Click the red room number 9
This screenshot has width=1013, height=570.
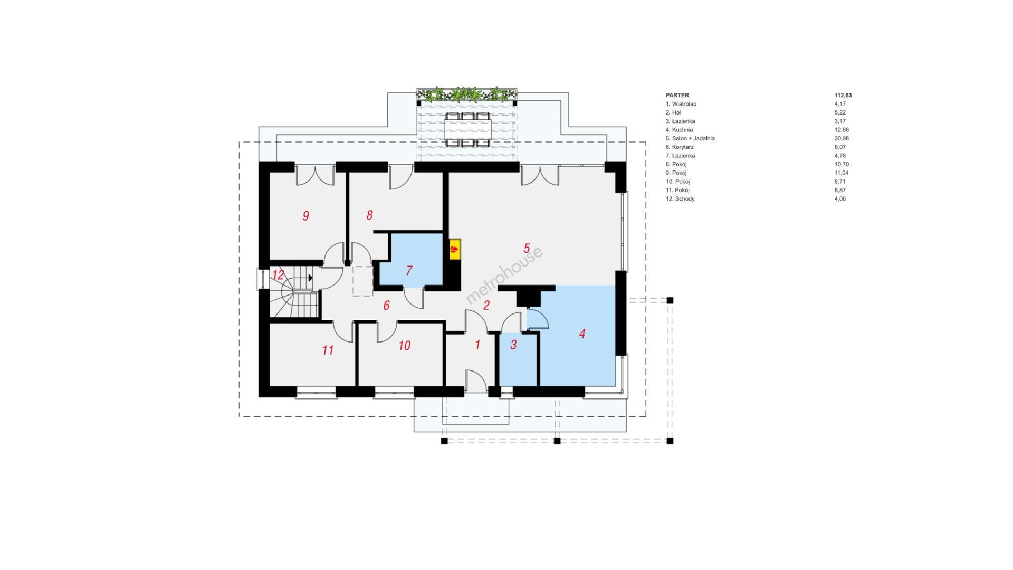305,215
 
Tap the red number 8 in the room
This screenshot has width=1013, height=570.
369,215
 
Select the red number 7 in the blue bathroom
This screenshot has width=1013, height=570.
409,270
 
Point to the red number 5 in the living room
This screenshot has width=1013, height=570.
526,248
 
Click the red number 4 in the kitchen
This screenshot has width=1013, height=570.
582,334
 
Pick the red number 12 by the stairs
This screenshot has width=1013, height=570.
278,275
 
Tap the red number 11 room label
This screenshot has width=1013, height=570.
328,350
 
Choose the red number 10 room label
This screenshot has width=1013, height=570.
404,346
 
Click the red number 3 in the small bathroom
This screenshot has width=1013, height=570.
513,345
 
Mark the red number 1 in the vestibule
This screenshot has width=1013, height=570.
477,345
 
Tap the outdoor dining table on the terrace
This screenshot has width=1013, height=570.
467,129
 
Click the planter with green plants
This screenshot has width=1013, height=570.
467,95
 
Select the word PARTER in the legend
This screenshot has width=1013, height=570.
677,96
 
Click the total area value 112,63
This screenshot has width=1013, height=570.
843,96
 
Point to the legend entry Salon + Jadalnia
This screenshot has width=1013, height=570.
693,138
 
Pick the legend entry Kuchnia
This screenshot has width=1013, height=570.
682,130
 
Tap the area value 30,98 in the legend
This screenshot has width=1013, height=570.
842,138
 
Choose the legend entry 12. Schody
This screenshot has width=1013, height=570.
680,199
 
